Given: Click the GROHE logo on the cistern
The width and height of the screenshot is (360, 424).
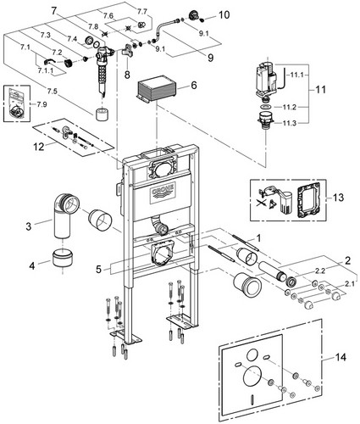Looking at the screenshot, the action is point(163,192).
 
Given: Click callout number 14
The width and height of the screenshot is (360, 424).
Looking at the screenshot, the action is point(341,357).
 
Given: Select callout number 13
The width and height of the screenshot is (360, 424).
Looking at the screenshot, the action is point(338,197).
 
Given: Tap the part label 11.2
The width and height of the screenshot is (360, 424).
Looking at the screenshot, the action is point(289,107).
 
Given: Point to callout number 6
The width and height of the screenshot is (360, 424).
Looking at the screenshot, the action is point(194,85).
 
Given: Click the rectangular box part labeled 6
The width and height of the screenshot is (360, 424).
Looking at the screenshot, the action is point(157,88).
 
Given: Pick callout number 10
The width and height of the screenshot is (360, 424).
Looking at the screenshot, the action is point(224,14).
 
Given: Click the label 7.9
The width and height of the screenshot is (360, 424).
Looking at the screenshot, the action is point(42,104).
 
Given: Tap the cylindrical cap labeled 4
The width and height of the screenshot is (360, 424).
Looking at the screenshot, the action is point(63,258).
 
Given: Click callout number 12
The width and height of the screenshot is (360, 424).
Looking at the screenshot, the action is point(39,147).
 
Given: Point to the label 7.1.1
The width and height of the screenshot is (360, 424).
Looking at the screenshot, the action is point(46,70).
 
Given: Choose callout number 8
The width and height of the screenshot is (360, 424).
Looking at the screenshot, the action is point(127,75).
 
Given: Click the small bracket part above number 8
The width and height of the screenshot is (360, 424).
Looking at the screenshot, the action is point(128,51).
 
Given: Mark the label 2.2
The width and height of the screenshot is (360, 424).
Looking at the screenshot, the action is point(320,271).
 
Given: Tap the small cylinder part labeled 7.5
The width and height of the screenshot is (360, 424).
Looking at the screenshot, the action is point(102,114).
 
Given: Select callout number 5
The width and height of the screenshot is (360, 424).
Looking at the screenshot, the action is point(98,269).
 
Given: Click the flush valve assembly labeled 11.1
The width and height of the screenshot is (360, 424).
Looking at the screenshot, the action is point(266,80).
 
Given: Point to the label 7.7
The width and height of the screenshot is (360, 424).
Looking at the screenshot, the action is point(142,12).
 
